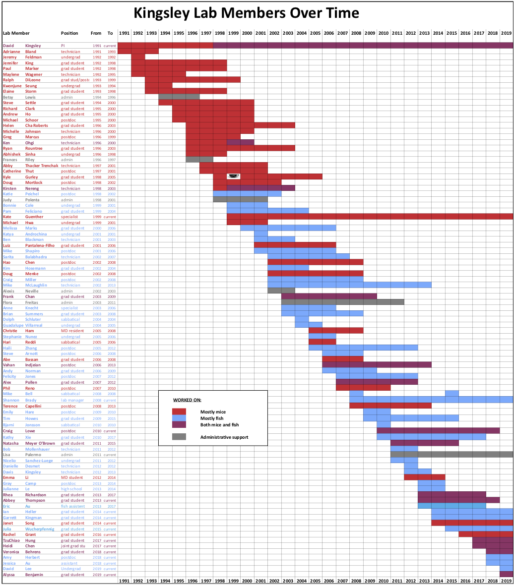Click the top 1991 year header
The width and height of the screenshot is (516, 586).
125,33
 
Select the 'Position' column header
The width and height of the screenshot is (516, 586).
69,33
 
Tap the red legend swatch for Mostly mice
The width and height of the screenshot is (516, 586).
179,411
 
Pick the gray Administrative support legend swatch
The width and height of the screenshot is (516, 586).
179,437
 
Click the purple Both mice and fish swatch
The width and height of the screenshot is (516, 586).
179,424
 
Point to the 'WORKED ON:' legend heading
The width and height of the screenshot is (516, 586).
187,400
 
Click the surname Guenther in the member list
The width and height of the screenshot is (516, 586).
34,217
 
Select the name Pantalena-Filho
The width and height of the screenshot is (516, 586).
40,245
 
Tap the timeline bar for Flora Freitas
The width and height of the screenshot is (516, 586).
342,302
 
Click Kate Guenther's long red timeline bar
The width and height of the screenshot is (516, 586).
370,217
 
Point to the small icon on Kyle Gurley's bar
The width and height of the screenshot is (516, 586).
234,176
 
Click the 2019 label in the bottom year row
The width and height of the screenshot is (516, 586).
506,581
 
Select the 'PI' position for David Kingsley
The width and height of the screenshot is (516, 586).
63,46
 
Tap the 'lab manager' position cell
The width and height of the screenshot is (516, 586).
72,400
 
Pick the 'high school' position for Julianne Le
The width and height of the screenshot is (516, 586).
71,489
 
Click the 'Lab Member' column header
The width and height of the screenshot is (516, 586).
16,33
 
